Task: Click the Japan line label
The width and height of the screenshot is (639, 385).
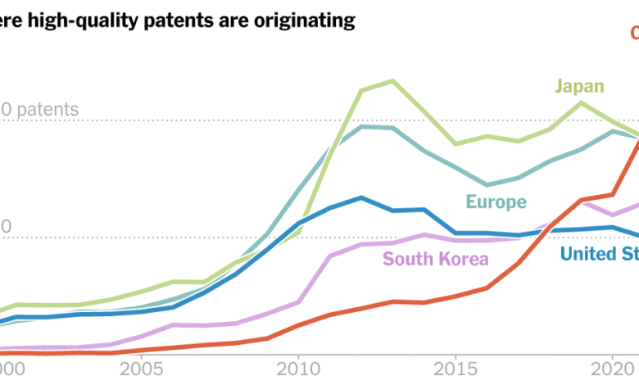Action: (x=579, y=86)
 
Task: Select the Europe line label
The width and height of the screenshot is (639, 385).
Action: (x=496, y=202)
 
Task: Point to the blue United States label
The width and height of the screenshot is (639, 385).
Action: (x=599, y=253)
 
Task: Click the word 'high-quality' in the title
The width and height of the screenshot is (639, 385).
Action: (x=77, y=20)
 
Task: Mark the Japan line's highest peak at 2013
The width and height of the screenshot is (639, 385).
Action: (x=392, y=81)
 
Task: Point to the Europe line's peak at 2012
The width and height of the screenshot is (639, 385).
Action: (x=361, y=126)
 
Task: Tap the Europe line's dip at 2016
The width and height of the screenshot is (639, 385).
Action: (x=487, y=185)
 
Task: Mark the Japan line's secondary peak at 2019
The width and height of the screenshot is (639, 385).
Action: (x=582, y=102)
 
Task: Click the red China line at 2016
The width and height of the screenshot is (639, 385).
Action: (x=487, y=288)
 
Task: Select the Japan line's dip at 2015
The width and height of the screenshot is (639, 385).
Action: (x=455, y=144)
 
